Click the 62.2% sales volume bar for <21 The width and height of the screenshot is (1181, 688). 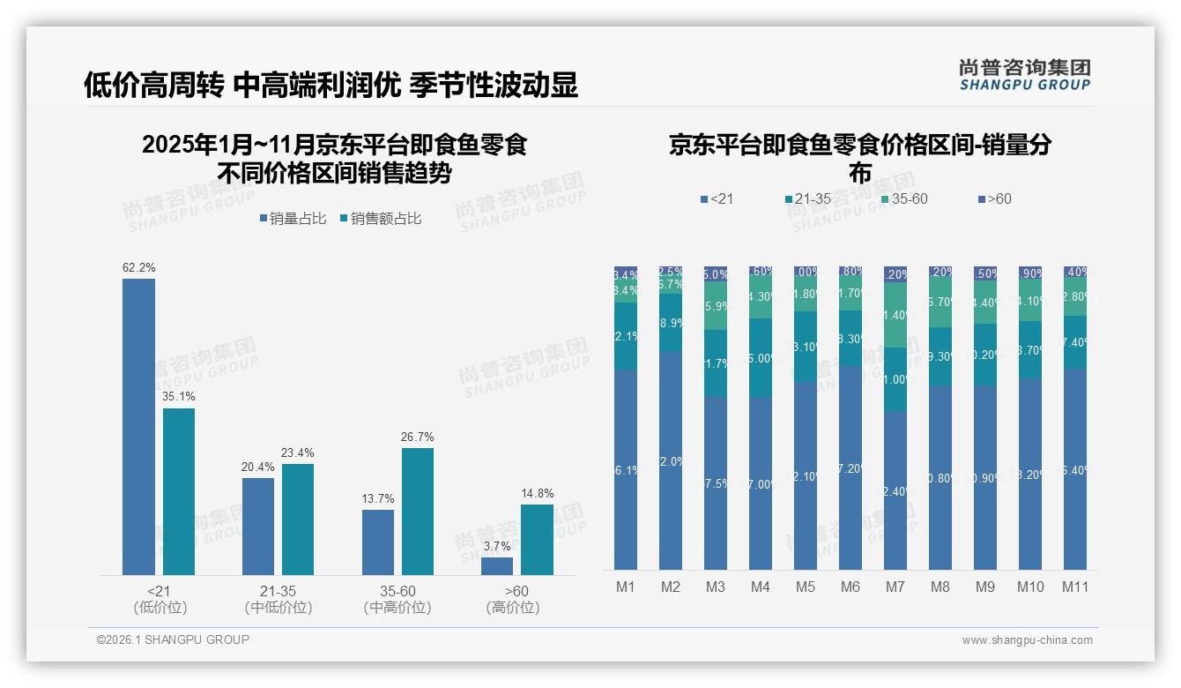tap(138, 427)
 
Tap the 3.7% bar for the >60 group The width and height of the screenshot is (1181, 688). tap(497, 566)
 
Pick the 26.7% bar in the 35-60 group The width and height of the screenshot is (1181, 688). tap(418, 512)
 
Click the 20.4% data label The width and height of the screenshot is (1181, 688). tap(257, 467)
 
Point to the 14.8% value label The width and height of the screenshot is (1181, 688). tap(537, 494)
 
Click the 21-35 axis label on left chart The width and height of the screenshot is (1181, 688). tap(279, 591)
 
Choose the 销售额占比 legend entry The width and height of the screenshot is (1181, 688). tap(380, 219)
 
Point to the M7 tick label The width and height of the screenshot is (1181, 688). tap(895, 587)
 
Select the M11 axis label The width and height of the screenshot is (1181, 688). tap(1075, 587)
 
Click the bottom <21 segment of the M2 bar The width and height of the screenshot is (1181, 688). tap(671, 460)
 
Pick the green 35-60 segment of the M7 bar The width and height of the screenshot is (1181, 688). tap(895, 315)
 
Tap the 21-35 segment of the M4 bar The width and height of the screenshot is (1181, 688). tap(761, 358)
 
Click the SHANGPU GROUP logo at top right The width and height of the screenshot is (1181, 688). tap(1024, 75)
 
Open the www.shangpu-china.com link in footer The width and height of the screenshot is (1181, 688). tap(1027, 640)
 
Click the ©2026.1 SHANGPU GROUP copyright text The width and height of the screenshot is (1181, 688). tap(173, 639)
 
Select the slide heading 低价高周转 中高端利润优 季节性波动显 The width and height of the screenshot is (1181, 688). tap(331, 85)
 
